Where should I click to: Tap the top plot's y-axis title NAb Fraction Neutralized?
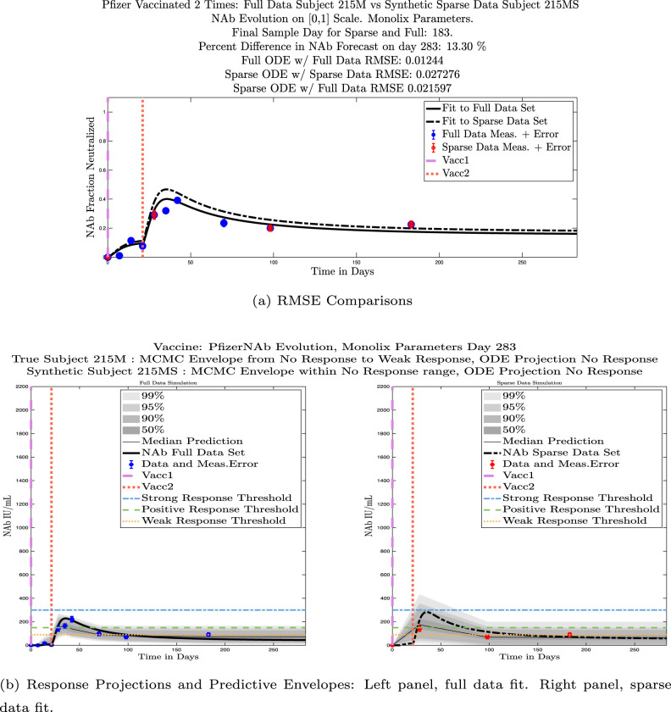tap(91, 178)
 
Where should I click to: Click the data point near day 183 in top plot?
tap(411, 225)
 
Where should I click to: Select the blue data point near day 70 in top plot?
tap(224, 223)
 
